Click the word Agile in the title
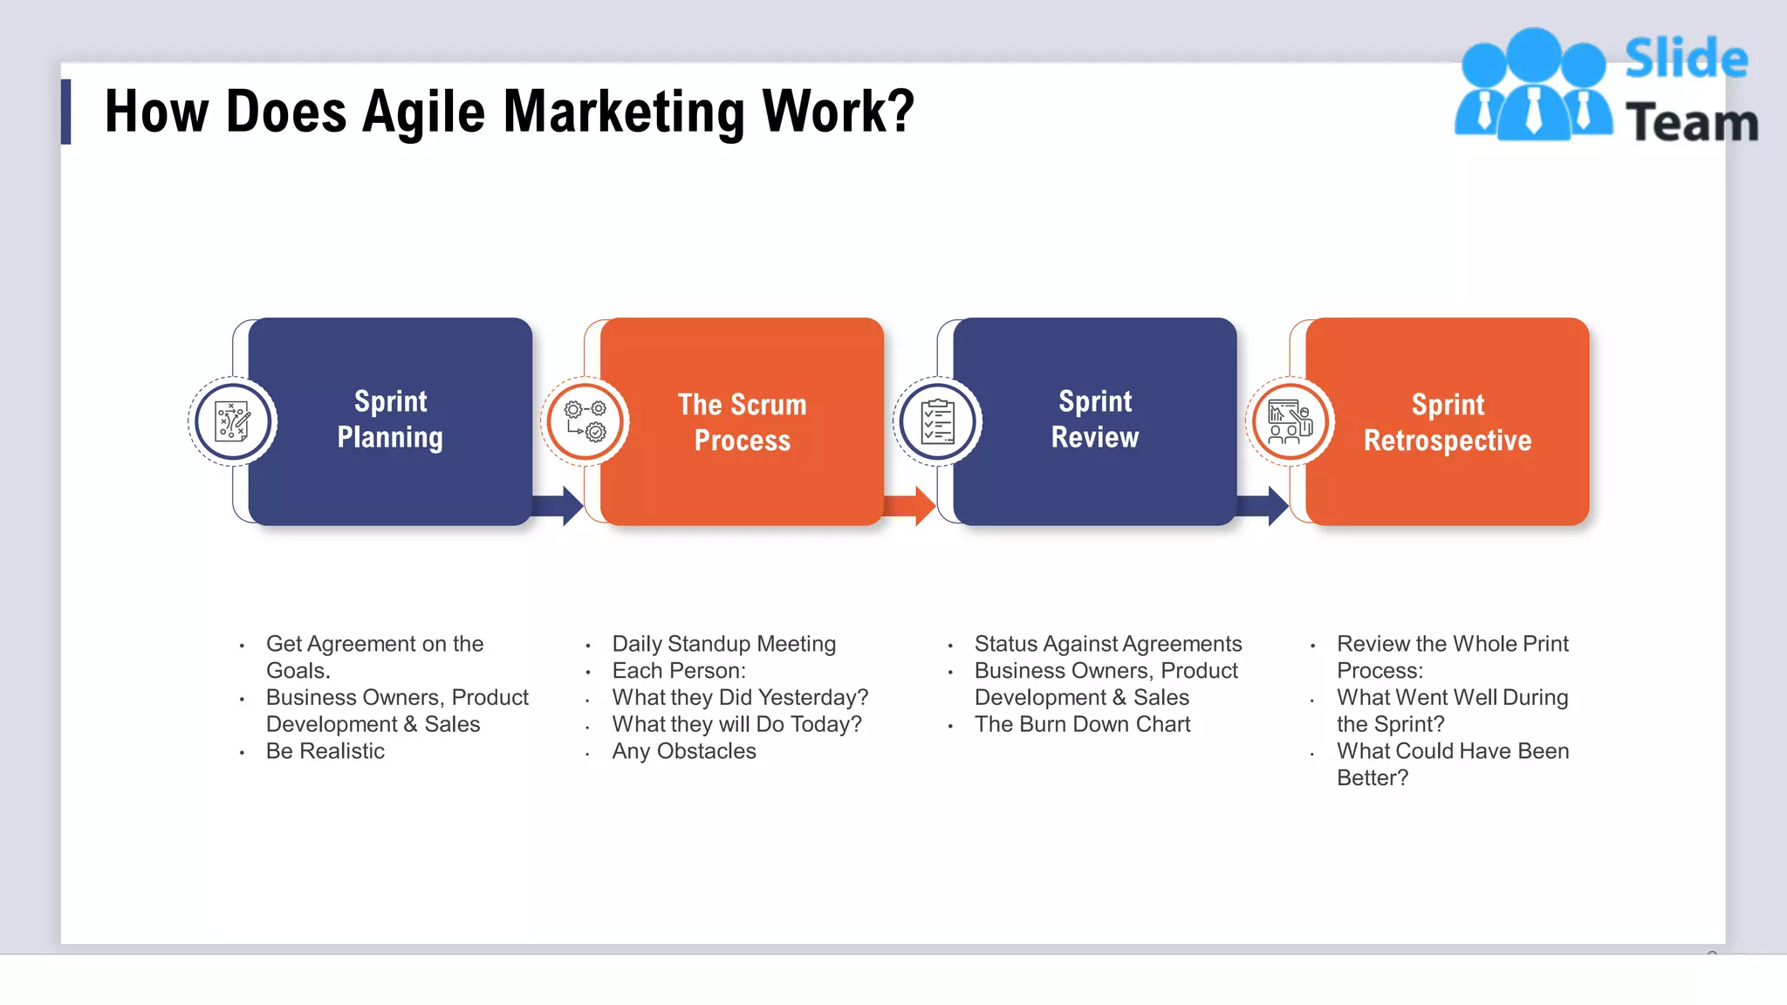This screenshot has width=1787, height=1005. [x=423, y=113]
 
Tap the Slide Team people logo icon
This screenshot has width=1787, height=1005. [x=1533, y=85]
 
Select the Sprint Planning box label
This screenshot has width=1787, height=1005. [x=390, y=420]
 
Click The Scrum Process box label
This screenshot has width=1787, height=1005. [x=742, y=422]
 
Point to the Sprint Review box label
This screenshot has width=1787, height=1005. [x=1094, y=420]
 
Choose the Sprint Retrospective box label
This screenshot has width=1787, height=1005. [x=1447, y=422]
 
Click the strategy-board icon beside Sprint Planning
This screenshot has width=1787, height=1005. [x=233, y=422]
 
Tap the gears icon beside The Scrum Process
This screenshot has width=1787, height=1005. [x=585, y=422]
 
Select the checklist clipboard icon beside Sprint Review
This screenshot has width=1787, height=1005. [x=938, y=422]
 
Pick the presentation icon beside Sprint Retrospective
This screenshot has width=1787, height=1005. [x=1290, y=422]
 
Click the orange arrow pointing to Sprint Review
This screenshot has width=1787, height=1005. [x=911, y=506]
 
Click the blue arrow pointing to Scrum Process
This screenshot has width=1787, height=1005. [x=559, y=506]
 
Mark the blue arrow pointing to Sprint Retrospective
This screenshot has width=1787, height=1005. [x=1264, y=506]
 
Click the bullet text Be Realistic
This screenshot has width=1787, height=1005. [x=325, y=751]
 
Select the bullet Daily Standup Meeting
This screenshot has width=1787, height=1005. [x=723, y=644]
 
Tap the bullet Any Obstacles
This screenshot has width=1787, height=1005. [x=683, y=751]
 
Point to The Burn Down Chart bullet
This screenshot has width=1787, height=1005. [x=1082, y=724]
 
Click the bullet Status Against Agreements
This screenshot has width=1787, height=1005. [x=1107, y=644]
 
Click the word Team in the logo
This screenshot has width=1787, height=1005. [x=1691, y=123]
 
